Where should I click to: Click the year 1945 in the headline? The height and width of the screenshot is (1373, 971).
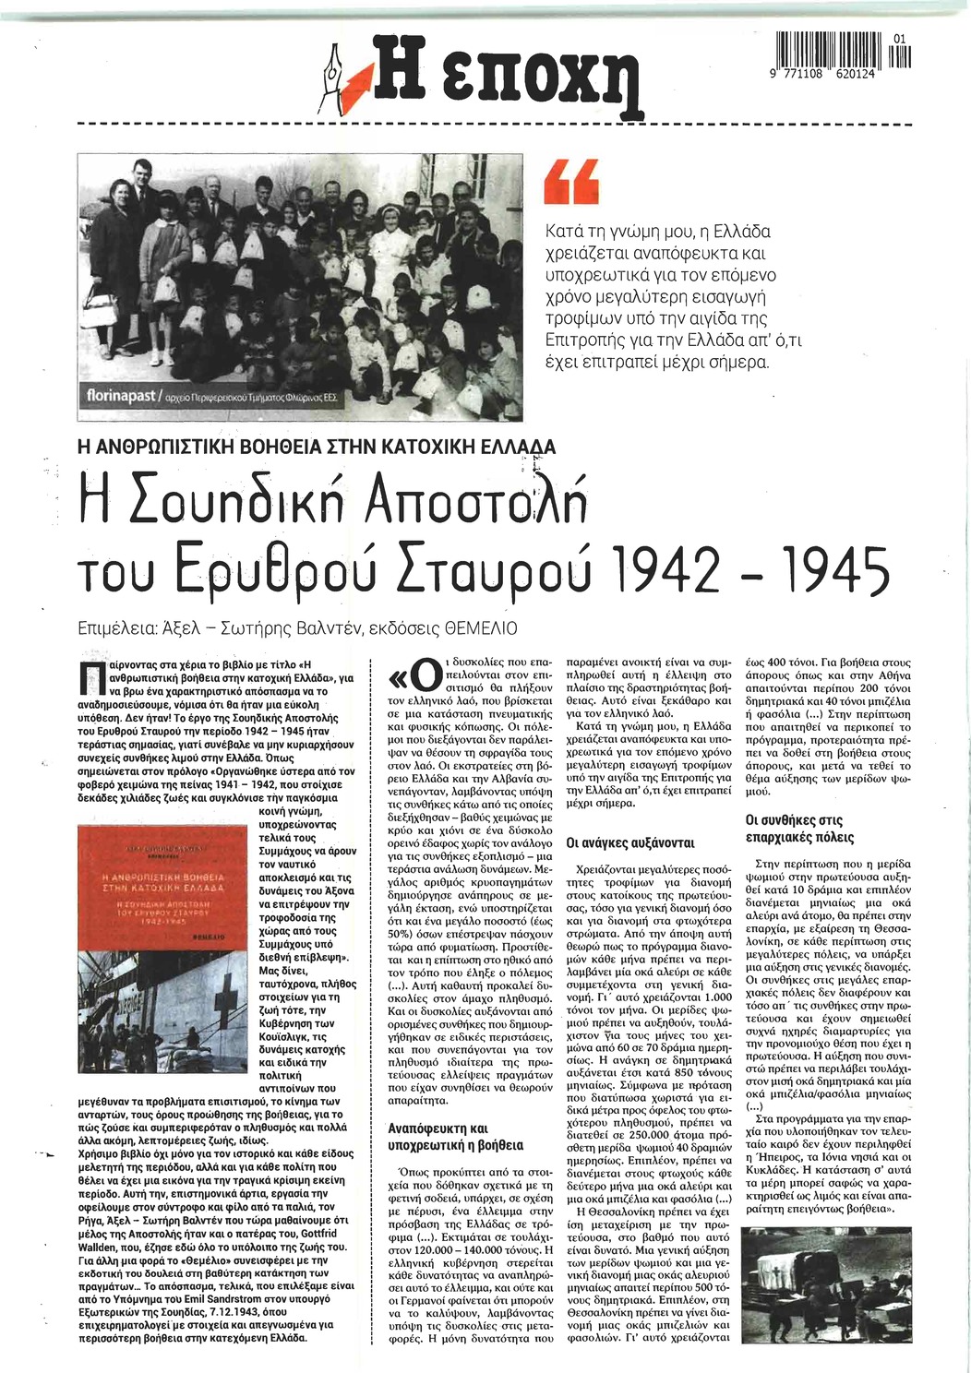[x=836, y=570]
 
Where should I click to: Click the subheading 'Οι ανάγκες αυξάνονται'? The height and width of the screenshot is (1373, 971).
[x=630, y=842]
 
